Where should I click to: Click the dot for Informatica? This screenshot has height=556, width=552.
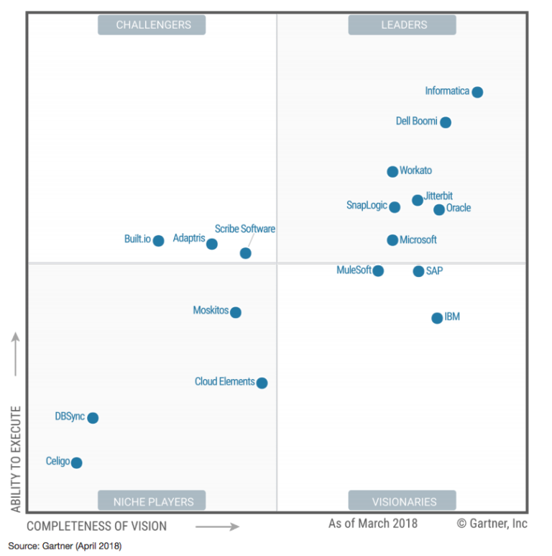[x=477, y=92]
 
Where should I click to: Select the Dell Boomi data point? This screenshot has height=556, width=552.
[x=446, y=122]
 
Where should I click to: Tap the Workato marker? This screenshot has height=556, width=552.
[x=392, y=172]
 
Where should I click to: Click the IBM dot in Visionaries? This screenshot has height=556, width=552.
[x=437, y=318]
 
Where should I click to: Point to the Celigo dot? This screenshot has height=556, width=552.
[x=76, y=462]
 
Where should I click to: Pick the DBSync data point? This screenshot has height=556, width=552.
[x=93, y=418]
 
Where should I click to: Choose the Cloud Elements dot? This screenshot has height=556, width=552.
[x=262, y=383]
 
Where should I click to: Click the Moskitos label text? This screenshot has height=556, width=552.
[x=211, y=311]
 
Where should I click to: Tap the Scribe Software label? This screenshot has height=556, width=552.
[x=244, y=229]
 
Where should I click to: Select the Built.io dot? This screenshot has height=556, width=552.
[x=158, y=241]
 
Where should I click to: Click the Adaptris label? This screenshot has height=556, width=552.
[x=189, y=238]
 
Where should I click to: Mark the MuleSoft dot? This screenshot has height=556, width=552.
[x=378, y=271]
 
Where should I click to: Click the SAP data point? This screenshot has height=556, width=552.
[x=418, y=271]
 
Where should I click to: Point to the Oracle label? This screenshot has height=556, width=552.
[x=459, y=209]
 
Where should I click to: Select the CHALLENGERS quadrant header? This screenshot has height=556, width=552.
[x=152, y=24]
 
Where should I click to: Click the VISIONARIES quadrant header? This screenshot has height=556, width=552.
[x=402, y=501]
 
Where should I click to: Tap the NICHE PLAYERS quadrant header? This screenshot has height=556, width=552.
[x=152, y=501]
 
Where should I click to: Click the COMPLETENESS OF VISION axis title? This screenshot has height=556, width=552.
[x=97, y=526]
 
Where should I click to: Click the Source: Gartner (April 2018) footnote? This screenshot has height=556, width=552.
[x=65, y=546]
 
